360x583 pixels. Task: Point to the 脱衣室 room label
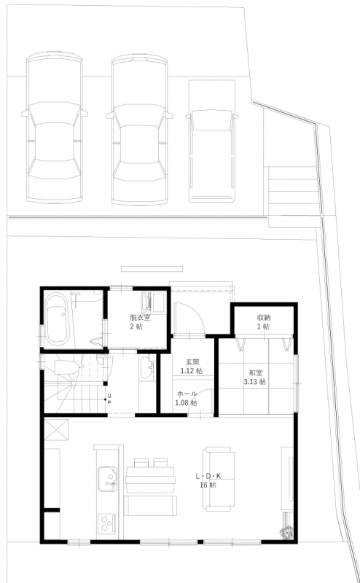click(140, 318)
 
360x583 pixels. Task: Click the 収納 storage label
click(263, 318)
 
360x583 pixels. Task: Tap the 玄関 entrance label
click(192, 361)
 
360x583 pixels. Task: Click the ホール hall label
click(187, 394)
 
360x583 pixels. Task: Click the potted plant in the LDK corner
click(287, 532)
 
